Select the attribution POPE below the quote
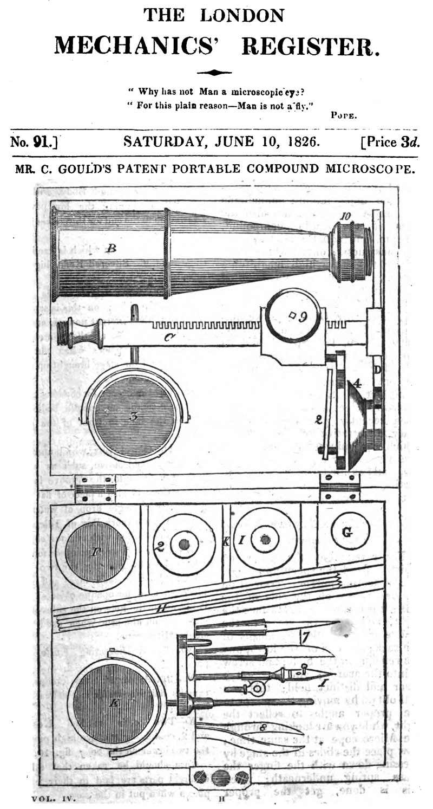[343, 115]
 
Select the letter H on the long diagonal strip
[160, 609]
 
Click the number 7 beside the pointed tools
[305, 637]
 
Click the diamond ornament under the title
[214, 72]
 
